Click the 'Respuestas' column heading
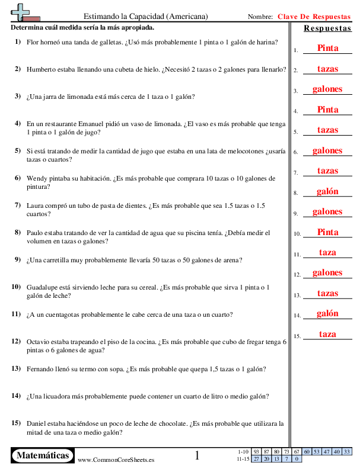pos(327,28)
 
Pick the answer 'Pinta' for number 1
pos(327,48)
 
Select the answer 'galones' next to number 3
pos(327,89)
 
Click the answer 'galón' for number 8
pos(327,191)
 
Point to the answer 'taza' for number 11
pos(327,252)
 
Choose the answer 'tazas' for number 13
pos(327,293)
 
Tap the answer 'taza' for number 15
pos(327,334)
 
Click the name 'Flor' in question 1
pos(33,42)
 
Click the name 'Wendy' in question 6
pos(37,178)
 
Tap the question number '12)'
pos(16,341)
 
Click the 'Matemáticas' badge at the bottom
pos(43,455)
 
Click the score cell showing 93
pos(256,452)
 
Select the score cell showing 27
pos(256,458)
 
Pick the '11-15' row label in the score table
pos(243,458)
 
